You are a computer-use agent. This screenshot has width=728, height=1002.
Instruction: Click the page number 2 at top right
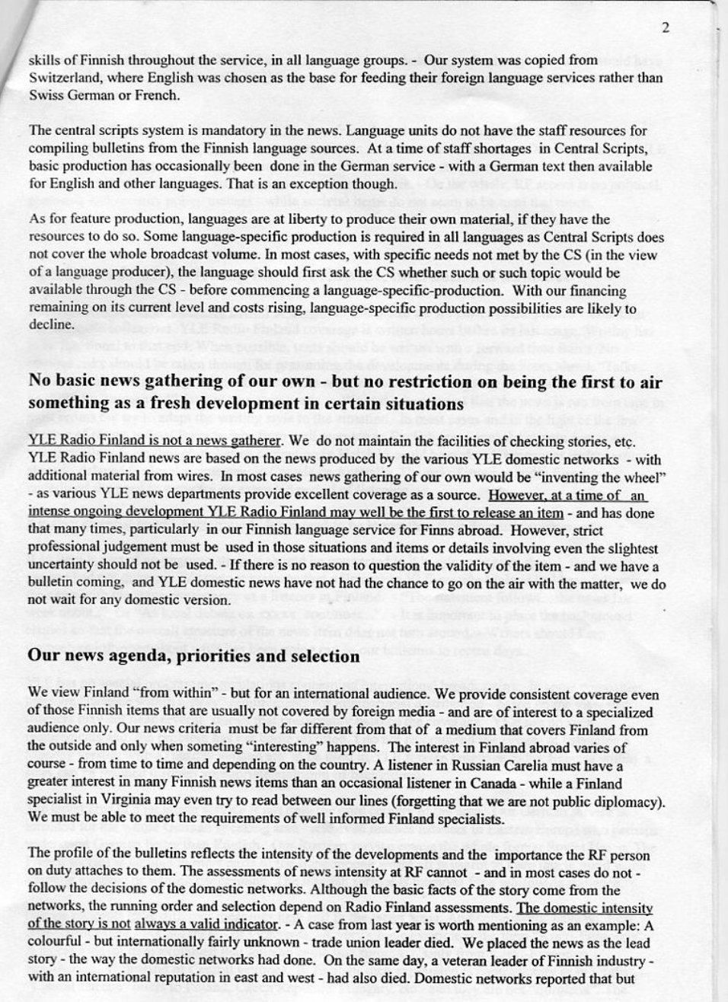pos(666,28)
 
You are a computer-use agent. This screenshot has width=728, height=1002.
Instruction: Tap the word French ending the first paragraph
pos(155,96)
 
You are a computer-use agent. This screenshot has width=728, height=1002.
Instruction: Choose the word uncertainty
pos(66,566)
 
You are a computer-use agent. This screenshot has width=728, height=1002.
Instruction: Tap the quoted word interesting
pos(330,748)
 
